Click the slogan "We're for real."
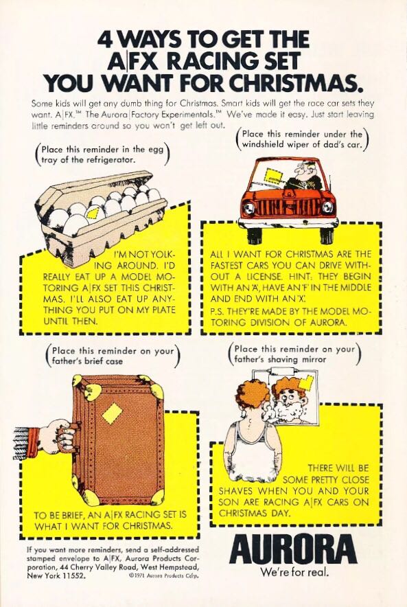[x=294, y=572]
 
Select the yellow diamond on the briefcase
[x=112, y=413]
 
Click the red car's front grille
[x=288, y=208]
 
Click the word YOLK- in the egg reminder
[x=162, y=255]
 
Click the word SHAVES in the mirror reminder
[x=236, y=491]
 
